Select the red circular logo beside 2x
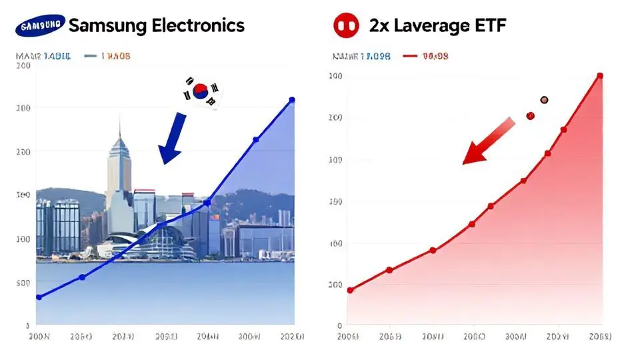pos(346,26)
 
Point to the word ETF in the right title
pos(489,26)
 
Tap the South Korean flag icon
pos(201,91)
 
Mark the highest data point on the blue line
pos(291,100)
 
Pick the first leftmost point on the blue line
pos(39,297)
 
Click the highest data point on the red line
pos(599,75)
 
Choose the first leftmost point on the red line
pos(350,290)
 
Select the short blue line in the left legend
pos(91,57)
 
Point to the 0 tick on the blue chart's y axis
pos(27,326)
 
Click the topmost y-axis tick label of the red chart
pos(336,76)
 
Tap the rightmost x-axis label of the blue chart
pos(291,337)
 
